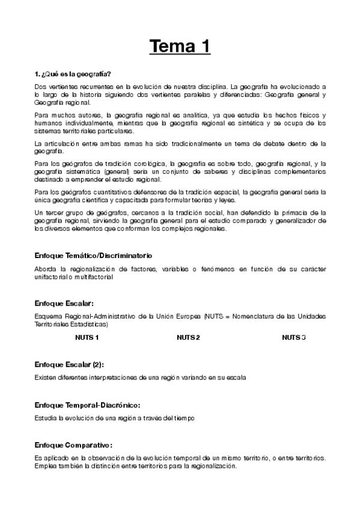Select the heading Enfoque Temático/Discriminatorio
click(93, 256)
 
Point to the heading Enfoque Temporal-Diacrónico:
click(88, 405)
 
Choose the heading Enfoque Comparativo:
click(74, 445)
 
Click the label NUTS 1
click(87, 337)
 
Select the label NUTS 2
click(188, 337)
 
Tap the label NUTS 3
click(294, 337)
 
